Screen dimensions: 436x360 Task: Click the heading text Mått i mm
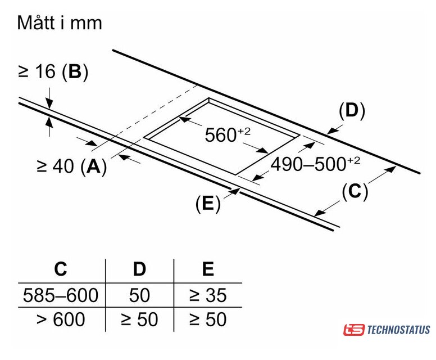(60, 22)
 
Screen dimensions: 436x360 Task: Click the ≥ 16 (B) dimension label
(53, 72)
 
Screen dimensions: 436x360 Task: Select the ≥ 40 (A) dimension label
(72, 166)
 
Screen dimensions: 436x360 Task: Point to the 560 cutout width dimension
(228, 134)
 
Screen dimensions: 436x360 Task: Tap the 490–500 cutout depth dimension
(315, 164)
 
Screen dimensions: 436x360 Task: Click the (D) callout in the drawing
(352, 111)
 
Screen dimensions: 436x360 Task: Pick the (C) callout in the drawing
(355, 192)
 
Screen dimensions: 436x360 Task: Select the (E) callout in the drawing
(208, 203)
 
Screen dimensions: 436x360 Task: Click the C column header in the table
(61, 269)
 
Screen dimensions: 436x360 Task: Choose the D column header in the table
(139, 269)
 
